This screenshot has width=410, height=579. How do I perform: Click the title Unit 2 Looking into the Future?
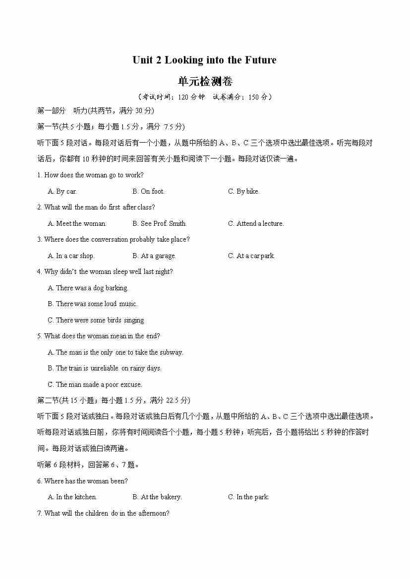[204, 60]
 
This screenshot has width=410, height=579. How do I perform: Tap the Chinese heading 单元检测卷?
[205, 81]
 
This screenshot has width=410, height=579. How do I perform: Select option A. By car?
[62, 191]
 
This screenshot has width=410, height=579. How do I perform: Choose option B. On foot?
[148, 191]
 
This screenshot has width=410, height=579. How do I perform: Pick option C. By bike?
[243, 191]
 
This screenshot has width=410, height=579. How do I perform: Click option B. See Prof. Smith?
[160, 223]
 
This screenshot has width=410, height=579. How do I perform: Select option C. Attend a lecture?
[256, 223]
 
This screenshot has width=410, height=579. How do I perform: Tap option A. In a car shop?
[71, 256]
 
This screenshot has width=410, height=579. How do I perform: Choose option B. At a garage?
[154, 256]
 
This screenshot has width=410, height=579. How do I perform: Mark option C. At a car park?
[251, 256]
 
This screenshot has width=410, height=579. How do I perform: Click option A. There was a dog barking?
[88, 288]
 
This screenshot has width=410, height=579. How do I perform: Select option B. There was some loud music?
[93, 304]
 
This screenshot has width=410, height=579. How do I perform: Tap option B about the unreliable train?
[105, 368]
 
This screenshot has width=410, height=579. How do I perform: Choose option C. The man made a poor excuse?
[95, 384]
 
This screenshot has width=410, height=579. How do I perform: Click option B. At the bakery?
[157, 497]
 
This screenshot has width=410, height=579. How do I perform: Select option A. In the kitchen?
[72, 497]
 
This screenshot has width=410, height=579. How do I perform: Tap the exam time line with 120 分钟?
[204, 97]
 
